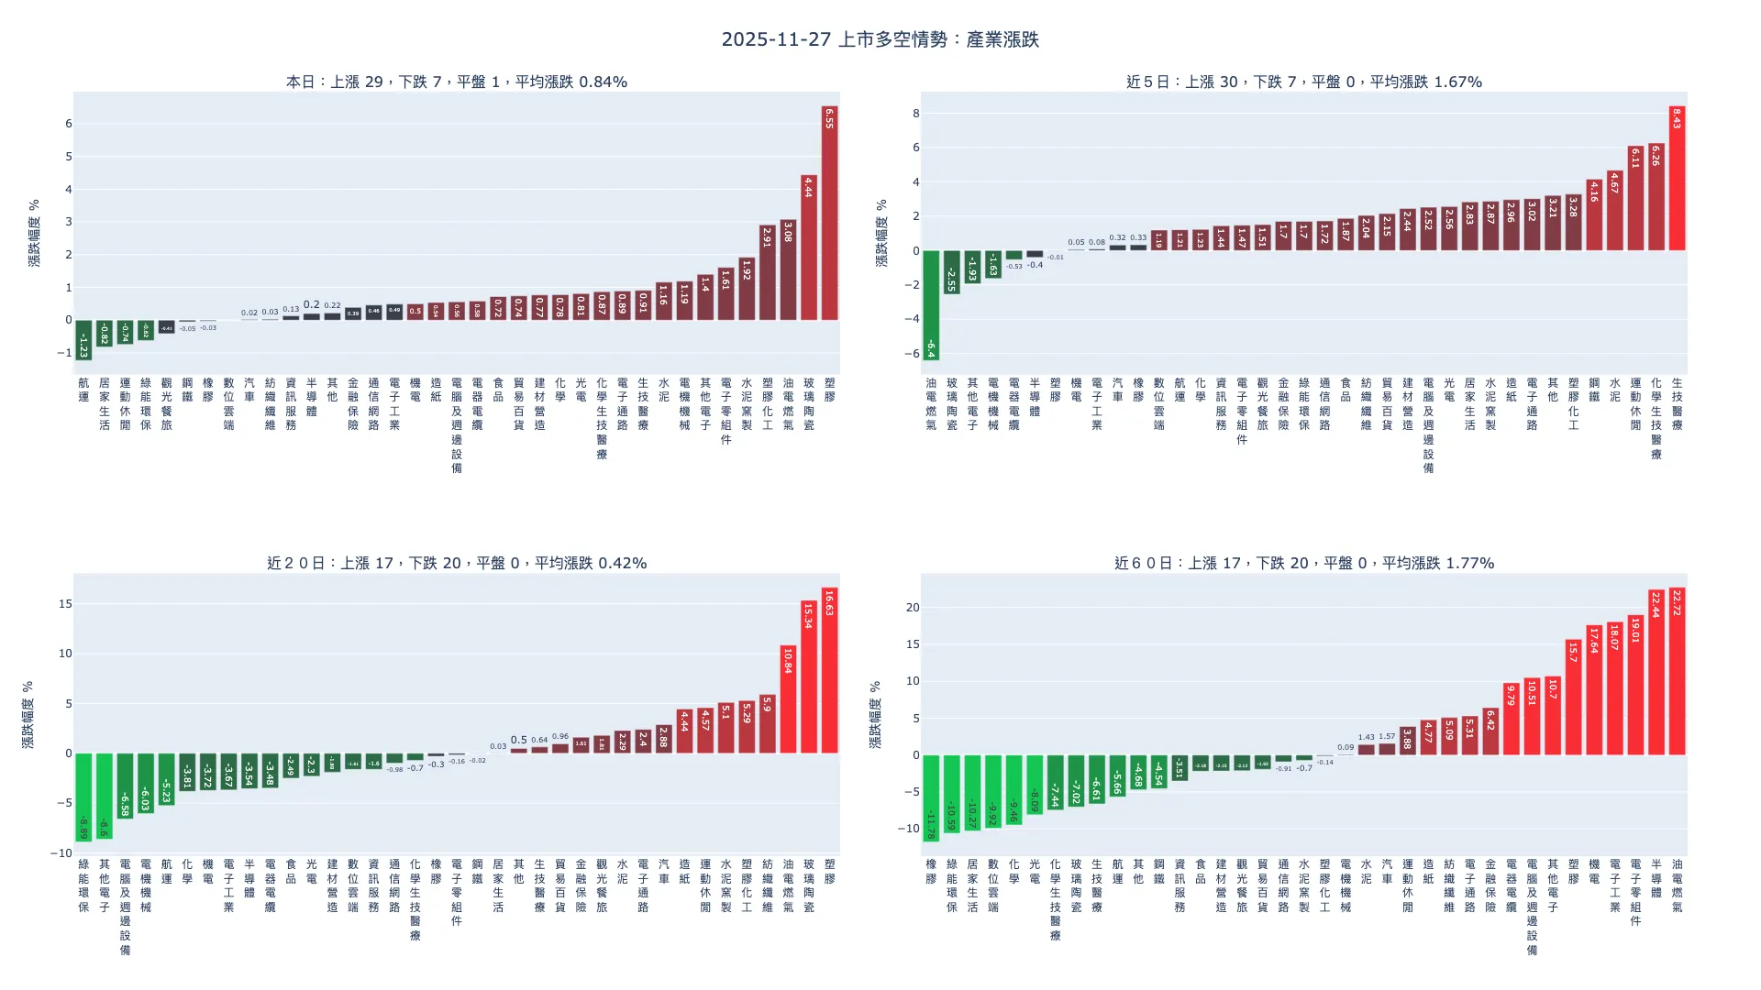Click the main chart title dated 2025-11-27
click(880, 39)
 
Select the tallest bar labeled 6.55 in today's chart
click(829, 213)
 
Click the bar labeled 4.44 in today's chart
click(808, 247)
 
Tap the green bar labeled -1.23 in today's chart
click(83, 339)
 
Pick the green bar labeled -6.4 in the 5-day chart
click(931, 304)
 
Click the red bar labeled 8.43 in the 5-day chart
click(1677, 179)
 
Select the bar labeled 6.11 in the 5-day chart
click(1635, 198)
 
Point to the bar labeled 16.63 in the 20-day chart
click(829, 670)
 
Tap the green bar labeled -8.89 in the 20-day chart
click(83, 797)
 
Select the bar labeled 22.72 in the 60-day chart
click(1677, 671)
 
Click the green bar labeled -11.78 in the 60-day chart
click(931, 797)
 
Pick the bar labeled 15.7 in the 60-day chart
click(1573, 697)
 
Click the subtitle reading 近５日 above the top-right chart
click(1303, 82)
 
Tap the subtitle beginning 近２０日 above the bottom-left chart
click(457, 563)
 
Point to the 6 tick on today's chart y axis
click(68, 124)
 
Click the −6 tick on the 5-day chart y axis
click(914, 354)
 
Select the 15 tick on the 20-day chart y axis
click(64, 604)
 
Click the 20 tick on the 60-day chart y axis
click(912, 608)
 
